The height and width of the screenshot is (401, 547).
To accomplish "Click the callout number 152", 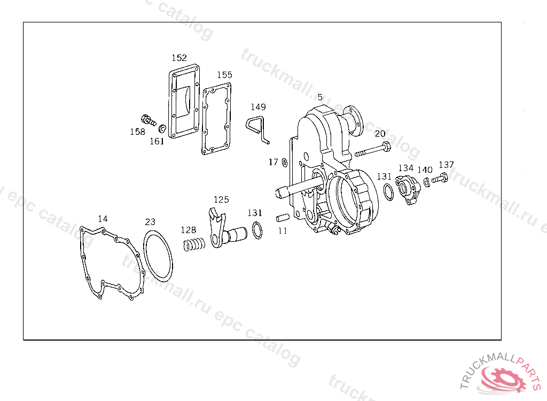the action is pos(179,58).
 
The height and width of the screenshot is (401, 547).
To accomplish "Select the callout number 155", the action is pos(225,75).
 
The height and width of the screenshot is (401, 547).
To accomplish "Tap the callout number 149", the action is pos(258,107).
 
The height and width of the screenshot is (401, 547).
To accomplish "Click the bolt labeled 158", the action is pos(149,120).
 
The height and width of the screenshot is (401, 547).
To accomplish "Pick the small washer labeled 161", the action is pos(162,128).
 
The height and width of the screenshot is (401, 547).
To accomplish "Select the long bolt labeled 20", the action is pos(372,150).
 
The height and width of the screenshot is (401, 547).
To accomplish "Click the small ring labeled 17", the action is pos(285,163).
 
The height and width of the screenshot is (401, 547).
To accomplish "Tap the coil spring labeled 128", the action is pos(194,244).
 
